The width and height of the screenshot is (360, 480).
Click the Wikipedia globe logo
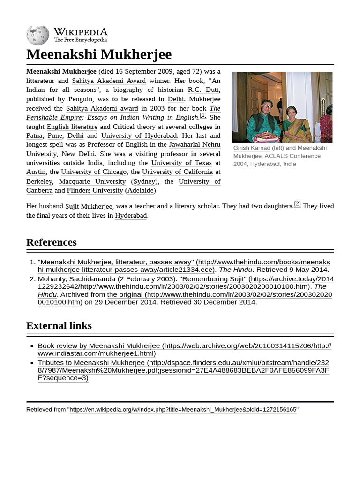pos(37,35)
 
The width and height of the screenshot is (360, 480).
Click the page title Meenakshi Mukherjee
pos(99,54)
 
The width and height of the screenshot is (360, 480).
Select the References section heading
pos(52,242)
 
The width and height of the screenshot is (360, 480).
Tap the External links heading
pos(59,326)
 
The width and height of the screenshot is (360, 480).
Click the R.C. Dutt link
pos(203,90)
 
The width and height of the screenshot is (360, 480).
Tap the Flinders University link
pos(95,190)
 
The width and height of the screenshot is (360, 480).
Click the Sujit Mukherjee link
pos(89,206)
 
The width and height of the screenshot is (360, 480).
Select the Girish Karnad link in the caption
pos(252,148)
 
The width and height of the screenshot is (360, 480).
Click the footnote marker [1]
pos(203,115)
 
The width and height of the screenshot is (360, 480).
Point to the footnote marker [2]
pos(297,204)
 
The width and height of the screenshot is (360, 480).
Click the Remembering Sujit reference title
pos(213,279)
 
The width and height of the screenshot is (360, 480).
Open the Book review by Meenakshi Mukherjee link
pos(99,346)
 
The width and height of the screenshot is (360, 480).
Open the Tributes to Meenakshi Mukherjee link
pos(91,363)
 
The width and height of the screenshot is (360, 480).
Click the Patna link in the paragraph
pos(34,135)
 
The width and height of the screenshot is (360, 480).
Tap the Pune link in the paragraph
pos(55,135)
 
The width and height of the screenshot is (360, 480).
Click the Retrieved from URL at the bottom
pos(183,410)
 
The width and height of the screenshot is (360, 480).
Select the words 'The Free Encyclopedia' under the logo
pos(80,40)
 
